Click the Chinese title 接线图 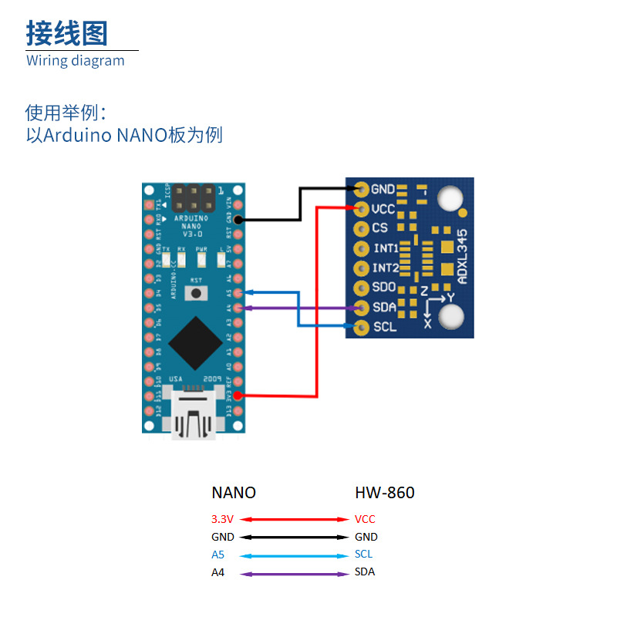coord(67,33)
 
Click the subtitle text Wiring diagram coord(75,61)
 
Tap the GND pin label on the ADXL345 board coord(383,189)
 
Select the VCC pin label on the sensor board coord(383,208)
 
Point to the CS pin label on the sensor coord(379,228)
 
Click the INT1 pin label coord(385,248)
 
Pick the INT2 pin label coord(385,268)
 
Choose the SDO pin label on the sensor coord(384,288)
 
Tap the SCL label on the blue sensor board coord(384,327)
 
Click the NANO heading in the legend coord(234,493)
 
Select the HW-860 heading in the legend coord(384,493)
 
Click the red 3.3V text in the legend coord(222,519)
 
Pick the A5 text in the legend coord(218,555)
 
